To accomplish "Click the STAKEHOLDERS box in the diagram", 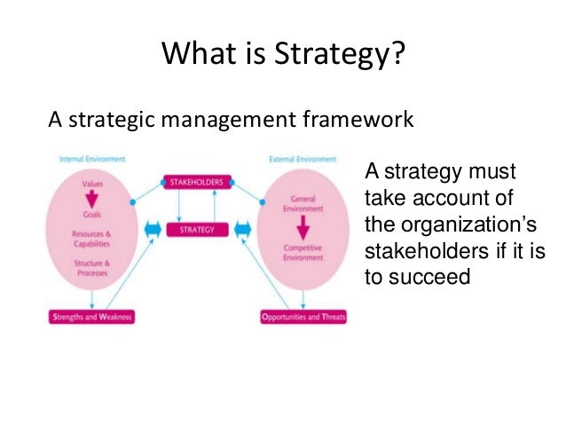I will coord(198,181).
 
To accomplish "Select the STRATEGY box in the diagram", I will coord(198,229).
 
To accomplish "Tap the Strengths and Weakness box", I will coord(90,317).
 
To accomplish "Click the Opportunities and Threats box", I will coord(303,317).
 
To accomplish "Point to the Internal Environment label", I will coord(91,160).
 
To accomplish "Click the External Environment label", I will coord(303,160).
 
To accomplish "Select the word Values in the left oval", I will coord(92,184).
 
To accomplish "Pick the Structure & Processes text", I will coord(92,268).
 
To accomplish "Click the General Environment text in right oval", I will coord(303,203).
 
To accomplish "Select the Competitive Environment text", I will coord(303,252).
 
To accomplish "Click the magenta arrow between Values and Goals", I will coord(92,199).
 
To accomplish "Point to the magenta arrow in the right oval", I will coord(303,228).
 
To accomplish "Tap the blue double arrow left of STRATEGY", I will coord(152,230).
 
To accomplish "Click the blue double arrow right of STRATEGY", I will coord(243,230).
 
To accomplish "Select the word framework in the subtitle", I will coord(358,118).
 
